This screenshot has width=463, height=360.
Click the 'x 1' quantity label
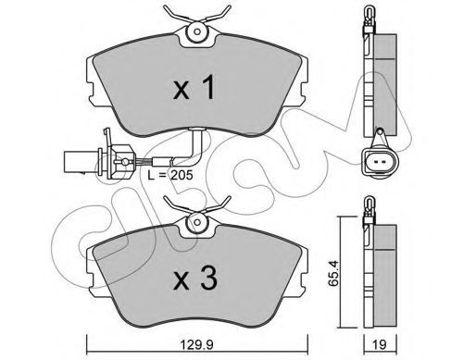(x=194, y=89)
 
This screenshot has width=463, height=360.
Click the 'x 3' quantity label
(x=195, y=279)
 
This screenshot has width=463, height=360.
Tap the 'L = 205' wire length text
(x=170, y=175)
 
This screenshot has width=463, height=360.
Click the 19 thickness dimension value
(x=379, y=344)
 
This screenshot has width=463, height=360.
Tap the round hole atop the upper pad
(x=197, y=31)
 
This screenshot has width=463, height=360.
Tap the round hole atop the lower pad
(x=197, y=222)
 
